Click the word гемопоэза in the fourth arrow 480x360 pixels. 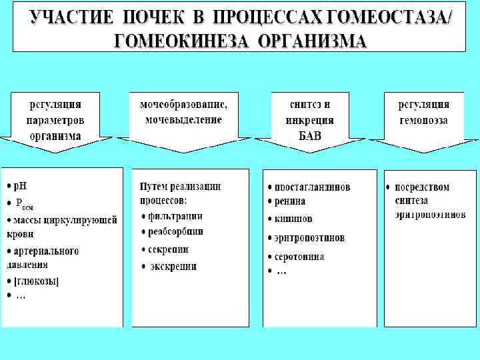point(423,121)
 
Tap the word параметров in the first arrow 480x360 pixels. point(55,121)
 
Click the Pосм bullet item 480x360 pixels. point(24,203)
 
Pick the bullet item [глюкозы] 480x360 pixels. point(37,281)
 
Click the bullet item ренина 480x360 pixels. point(290,201)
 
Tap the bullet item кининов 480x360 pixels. point(293,219)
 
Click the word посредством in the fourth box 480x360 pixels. point(422,187)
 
